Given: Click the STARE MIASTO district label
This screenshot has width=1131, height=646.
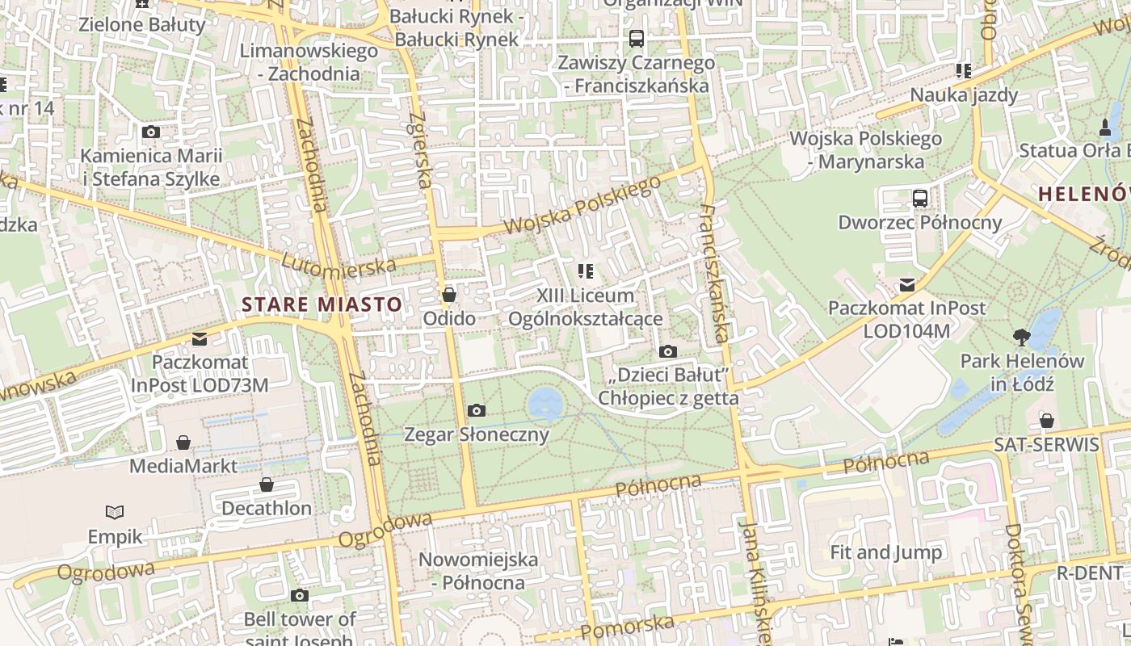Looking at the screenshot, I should click(322, 304).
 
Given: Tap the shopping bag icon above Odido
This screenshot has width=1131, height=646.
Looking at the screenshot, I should click(449, 295).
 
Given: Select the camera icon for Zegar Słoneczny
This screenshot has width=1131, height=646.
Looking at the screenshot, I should click(477, 411).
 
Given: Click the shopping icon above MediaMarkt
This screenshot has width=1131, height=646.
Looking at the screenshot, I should click(183, 443).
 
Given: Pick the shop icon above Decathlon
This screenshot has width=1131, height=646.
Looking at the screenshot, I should click(267, 485).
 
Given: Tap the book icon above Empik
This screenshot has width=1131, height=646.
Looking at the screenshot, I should click(115, 512).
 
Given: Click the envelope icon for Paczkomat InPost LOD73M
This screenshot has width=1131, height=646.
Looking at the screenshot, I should click(200, 338).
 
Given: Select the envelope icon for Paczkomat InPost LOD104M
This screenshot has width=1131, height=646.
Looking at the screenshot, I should click(906, 284).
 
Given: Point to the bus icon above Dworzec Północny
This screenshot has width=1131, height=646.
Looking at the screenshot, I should click(919, 198).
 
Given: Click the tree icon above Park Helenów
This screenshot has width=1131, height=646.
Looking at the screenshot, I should click(1021, 337).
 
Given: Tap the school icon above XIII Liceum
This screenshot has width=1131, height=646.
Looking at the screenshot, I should click(585, 271).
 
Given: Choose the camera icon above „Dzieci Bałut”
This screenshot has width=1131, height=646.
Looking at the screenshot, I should click(667, 351).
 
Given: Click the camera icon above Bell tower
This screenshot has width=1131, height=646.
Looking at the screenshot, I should click(300, 596).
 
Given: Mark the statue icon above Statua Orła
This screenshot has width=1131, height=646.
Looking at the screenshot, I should click(1105, 127).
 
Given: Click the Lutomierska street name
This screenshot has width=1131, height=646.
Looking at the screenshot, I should click(339, 264).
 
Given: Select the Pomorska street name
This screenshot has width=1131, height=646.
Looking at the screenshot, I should click(627, 627).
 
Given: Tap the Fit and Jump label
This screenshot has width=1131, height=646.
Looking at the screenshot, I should click(886, 552).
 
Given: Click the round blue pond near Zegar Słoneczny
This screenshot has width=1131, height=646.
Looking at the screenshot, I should click(545, 401).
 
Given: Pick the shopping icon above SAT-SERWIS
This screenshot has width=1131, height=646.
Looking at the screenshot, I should click(1046, 421).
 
